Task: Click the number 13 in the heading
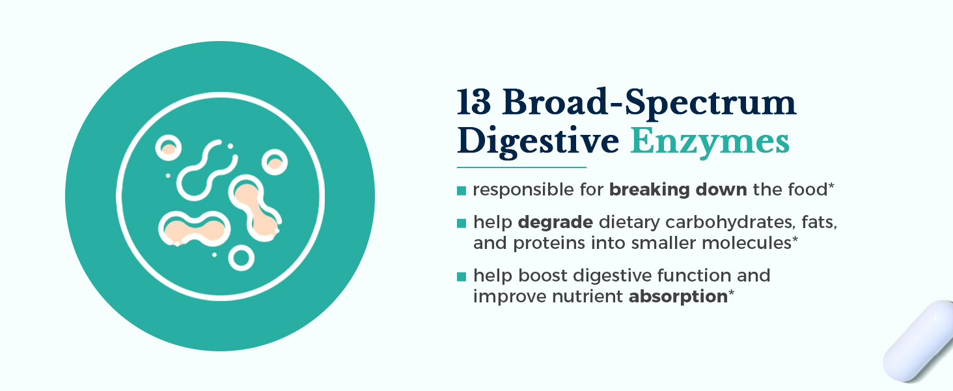[473, 102]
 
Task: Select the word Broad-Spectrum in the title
[649, 104]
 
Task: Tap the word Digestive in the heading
[538, 141]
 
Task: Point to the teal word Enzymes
[710, 142]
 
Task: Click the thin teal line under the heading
[521, 167]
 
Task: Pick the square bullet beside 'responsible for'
[461, 190]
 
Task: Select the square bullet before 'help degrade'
[461, 223]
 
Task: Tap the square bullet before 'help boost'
[461, 276]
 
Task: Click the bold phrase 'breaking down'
[678, 190]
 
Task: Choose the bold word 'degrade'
[555, 223]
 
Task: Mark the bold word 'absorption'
[678, 297]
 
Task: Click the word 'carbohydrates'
[730, 222]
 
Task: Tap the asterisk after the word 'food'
[831, 186]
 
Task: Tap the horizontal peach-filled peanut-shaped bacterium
[195, 229]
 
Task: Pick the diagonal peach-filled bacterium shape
[255, 209]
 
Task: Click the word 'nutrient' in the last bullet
[587, 297]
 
